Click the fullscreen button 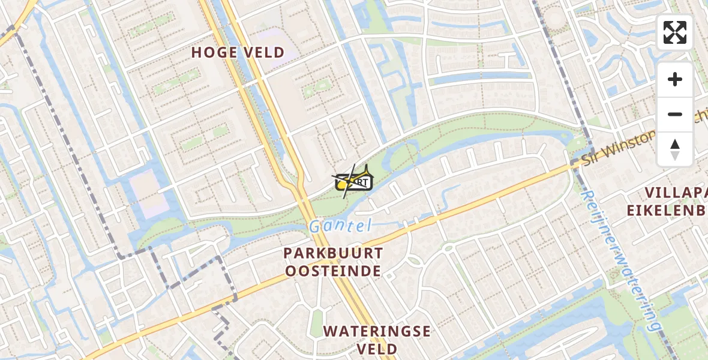point(675,32)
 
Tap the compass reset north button point(675,149)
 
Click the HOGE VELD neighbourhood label point(238,53)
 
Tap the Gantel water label point(340,226)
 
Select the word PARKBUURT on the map point(333,253)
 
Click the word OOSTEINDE point(333,271)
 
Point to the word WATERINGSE point(377,331)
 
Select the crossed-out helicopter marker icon point(353,180)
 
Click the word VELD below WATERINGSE point(377,349)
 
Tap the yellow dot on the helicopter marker point(342,186)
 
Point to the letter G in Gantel point(316,227)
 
